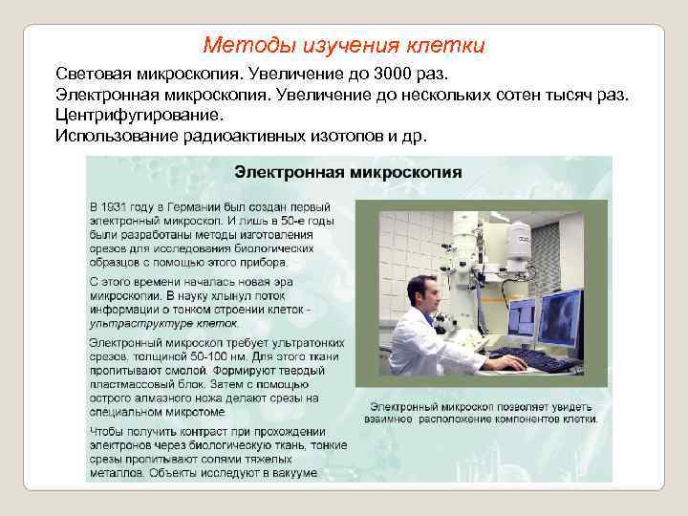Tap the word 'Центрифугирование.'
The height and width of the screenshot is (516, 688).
(139, 115)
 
